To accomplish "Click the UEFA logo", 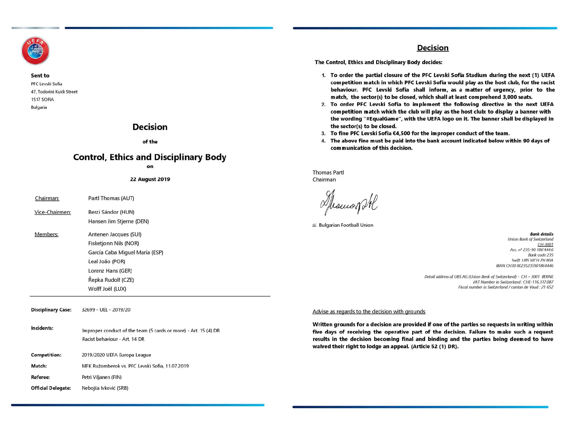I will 35,51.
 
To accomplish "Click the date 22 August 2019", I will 150,179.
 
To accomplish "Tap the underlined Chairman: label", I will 47,198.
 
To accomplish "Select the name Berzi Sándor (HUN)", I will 111,212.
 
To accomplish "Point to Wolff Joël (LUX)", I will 107,289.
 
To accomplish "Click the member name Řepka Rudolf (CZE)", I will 111,280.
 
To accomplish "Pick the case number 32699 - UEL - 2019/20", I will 106,310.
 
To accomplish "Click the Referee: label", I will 40,377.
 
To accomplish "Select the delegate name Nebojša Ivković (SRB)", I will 105,388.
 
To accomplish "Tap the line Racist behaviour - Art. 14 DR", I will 113,339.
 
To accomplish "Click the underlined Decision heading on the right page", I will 432,48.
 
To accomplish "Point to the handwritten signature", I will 349,203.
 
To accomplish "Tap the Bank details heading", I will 541,234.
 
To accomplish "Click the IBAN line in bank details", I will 524,266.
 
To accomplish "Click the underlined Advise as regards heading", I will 369,312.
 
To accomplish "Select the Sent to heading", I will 40,76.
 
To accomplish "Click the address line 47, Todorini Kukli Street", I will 54,92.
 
